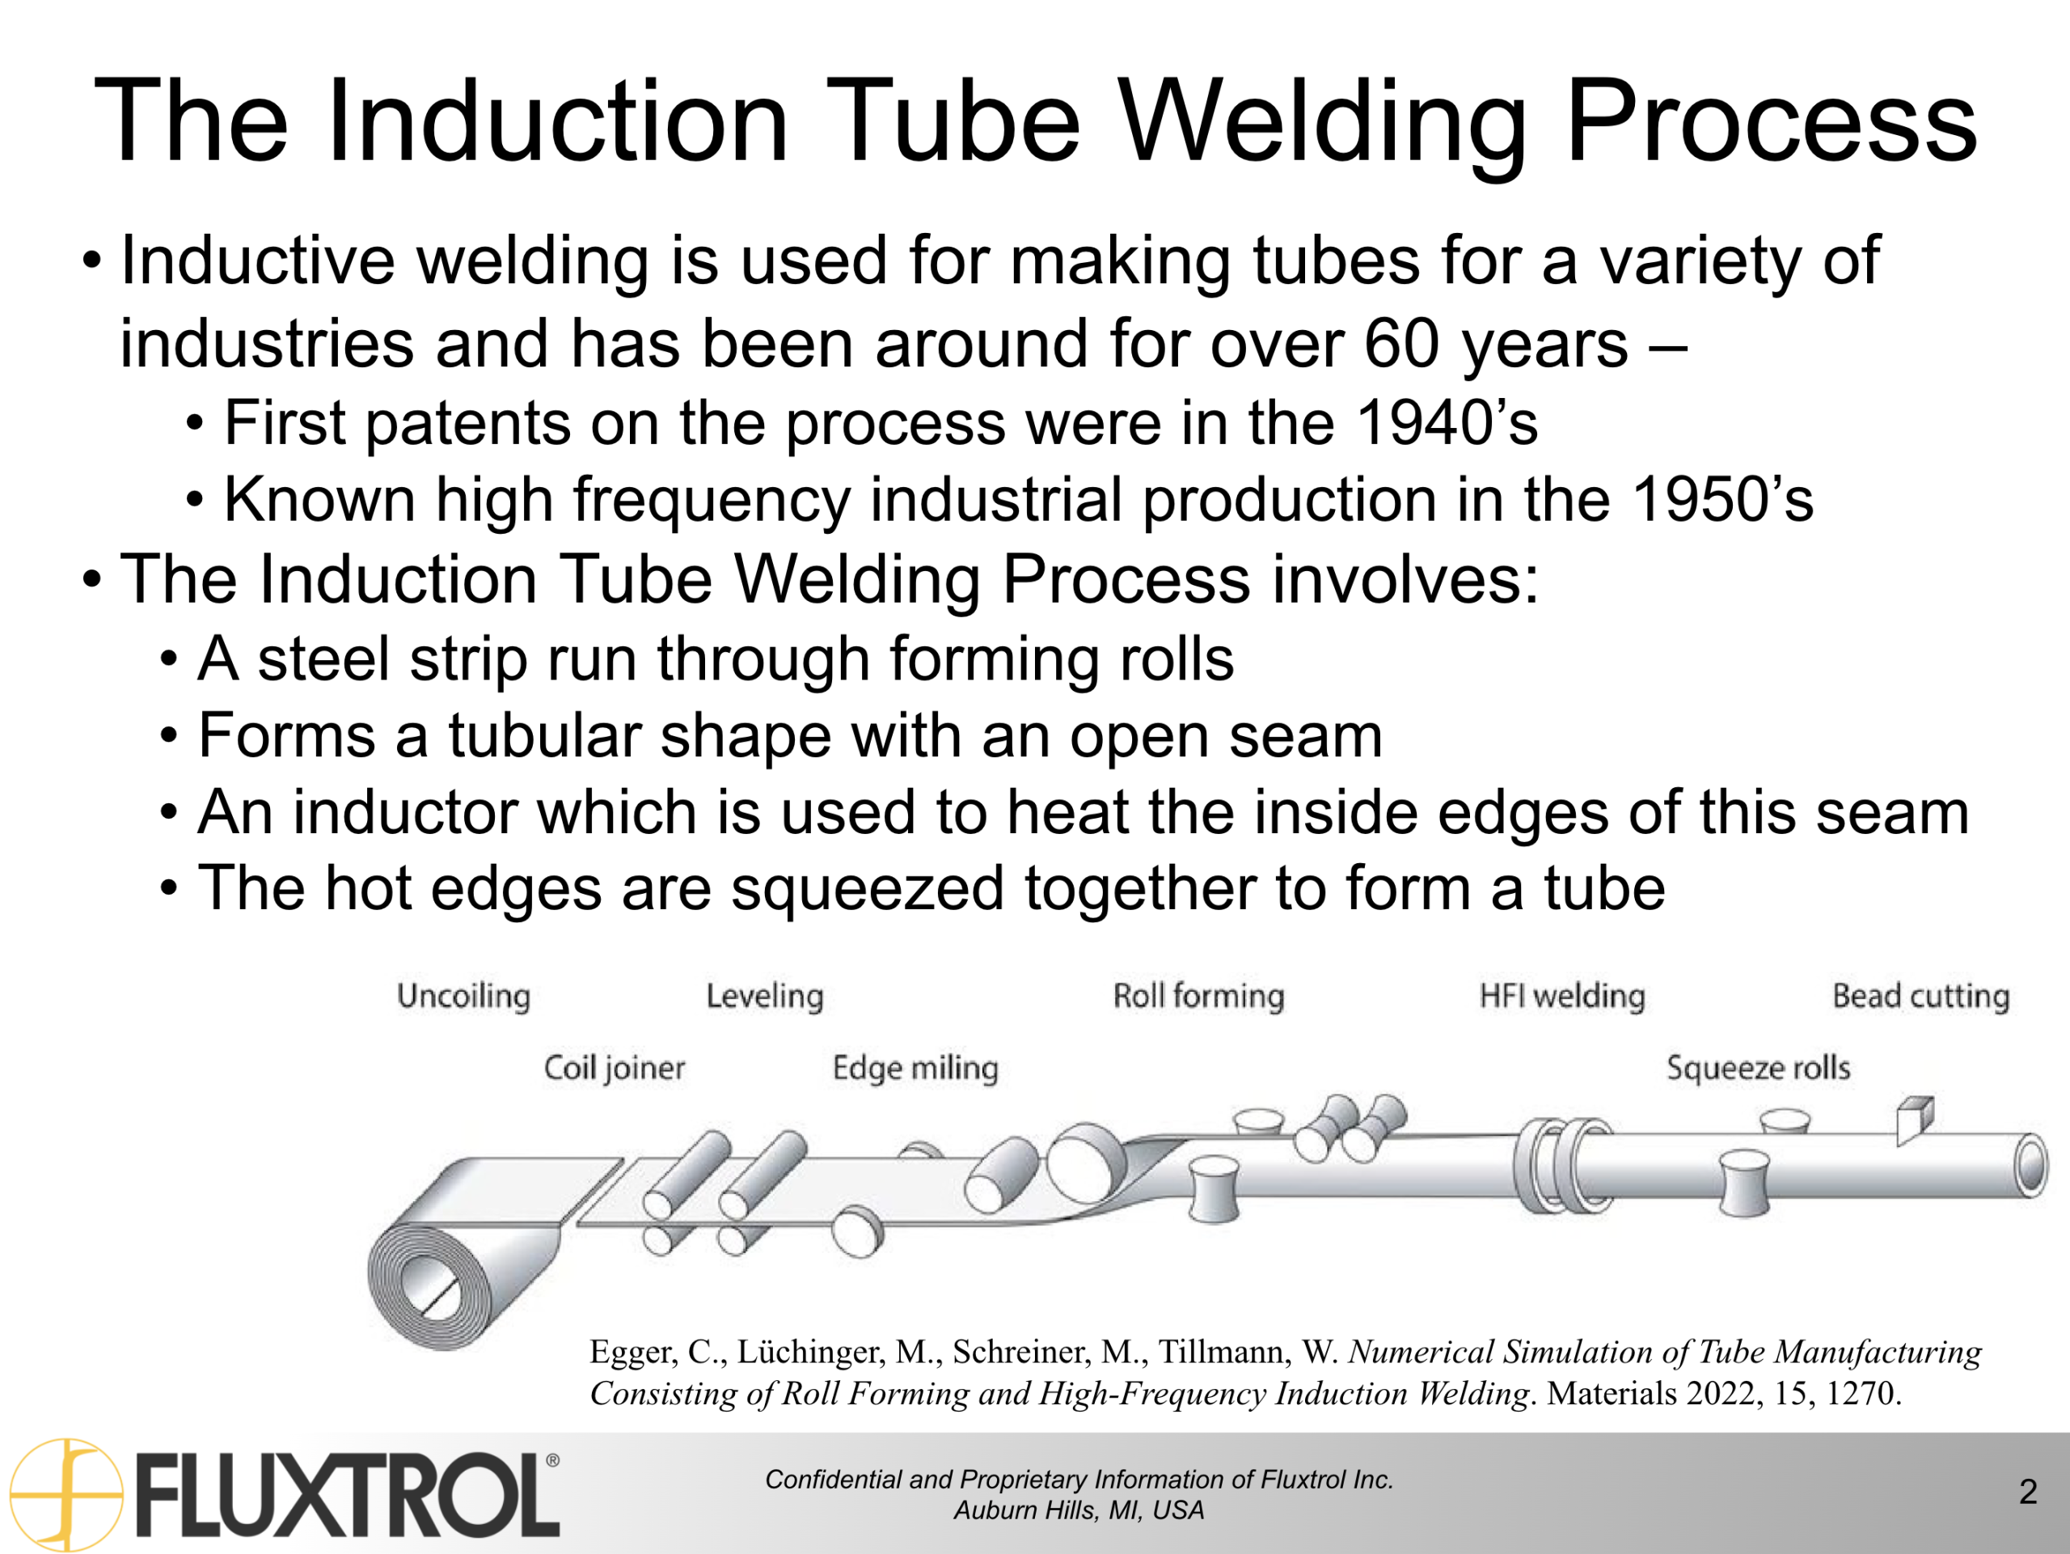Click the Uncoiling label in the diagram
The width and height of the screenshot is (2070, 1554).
pyautogui.click(x=463, y=996)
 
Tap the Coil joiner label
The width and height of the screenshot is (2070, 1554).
pyautogui.click(x=614, y=1068)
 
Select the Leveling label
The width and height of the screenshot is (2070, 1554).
pyautogui.click(x=765, y=996)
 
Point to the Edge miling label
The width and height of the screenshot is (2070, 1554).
pyautogui.click(x=915, y=1068)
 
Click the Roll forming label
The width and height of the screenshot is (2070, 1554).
pyautogui.click(x=1198, y=996)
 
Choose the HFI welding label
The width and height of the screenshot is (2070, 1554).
pyautogui.click(x=1562, y=996)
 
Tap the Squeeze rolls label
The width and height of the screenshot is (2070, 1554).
pyautogui.click(x=1759, y=1068)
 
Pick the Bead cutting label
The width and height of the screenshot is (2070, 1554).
pyautogui.click(x=1920, y=996)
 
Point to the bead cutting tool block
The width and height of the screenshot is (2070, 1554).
pyautogui.click(x=1914, y=1119)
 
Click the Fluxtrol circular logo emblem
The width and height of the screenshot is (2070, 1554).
pyautogui.click(x=65, y=1494)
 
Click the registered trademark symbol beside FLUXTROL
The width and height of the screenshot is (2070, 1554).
pyautogui.click(x=552, y=1460)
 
